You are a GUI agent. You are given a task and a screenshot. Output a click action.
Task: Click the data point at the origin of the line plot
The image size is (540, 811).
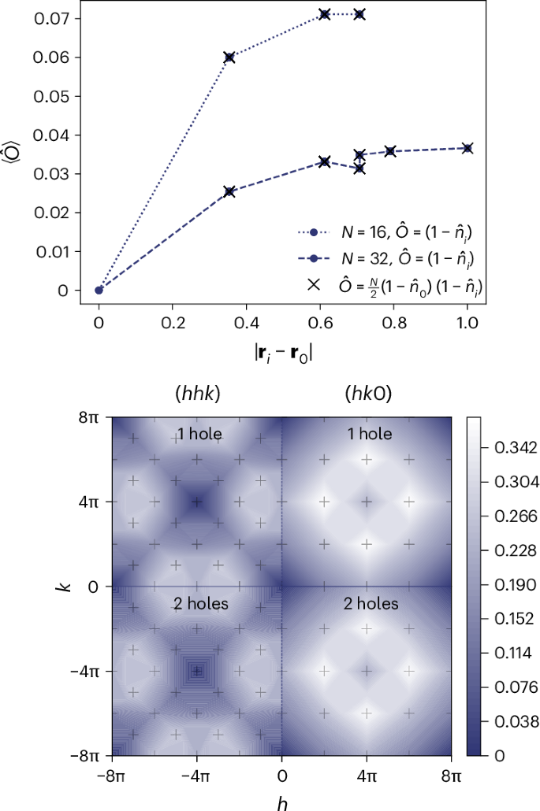click(99, 290)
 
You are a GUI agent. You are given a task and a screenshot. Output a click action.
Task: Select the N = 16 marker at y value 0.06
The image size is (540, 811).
click(229, 57)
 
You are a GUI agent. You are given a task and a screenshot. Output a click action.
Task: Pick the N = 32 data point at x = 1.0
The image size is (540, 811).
click(467, 148)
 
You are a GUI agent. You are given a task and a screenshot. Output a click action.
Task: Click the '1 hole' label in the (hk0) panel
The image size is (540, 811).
click(367, 434)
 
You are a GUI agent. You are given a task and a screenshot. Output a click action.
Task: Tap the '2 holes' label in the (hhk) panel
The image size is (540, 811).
click(196, 604)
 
